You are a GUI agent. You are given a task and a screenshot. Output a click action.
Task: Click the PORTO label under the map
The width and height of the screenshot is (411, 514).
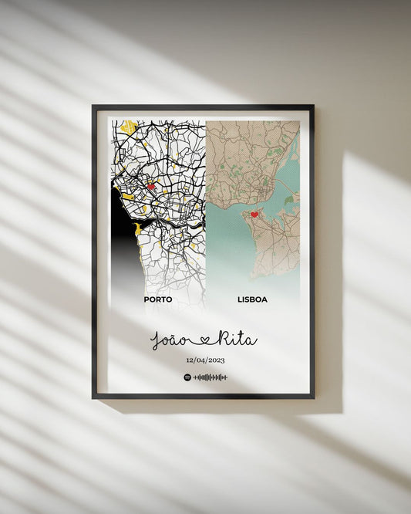pos(157,299)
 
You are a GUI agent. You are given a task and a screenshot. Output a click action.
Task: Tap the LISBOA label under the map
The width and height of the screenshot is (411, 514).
pos(252,299)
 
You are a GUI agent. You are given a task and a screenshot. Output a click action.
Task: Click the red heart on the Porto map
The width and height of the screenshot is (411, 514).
pos(151,186)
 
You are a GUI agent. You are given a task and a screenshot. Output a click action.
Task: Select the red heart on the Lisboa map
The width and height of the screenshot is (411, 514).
pos(254,215)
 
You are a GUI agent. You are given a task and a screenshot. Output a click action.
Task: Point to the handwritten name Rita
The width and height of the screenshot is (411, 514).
pos(236,339)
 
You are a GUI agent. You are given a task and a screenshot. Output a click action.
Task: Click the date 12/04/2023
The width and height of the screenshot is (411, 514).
pos(205,360)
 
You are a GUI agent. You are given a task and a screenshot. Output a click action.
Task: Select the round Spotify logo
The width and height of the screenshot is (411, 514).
pos(187,377)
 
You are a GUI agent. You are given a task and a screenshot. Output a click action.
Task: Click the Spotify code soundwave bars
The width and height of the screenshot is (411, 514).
pos(211,377)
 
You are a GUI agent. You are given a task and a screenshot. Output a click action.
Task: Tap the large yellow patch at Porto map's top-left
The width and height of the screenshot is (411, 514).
pos(128,126)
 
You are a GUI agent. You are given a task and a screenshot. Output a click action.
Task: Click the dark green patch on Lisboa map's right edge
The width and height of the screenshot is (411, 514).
pos(289,200)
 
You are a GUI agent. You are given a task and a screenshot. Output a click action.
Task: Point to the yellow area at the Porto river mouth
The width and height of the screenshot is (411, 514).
pos(137,228)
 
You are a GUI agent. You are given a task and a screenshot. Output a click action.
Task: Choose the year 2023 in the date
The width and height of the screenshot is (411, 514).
pos(216,360)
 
